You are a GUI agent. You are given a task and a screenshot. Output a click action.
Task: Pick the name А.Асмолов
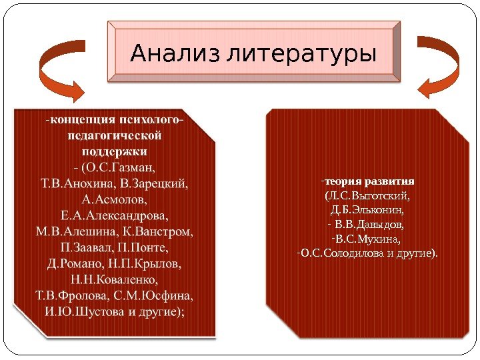point(114,199)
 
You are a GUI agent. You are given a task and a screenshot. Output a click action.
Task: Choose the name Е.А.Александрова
point(114,215)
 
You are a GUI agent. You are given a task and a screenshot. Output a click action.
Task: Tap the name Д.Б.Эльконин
point(367,211)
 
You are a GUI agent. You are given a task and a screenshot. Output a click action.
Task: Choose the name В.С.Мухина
point(369,239)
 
